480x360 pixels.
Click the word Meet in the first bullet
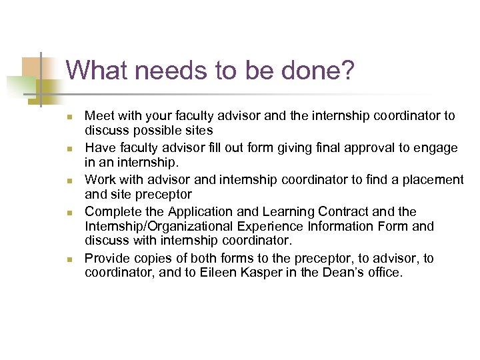pos(99,116)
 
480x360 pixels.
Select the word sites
pos(198,131)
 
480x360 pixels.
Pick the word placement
pos(433,180)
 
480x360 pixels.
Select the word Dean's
pos(337,273)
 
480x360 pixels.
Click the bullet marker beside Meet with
pos(70,117)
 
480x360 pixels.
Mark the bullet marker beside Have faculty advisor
pos(70,148)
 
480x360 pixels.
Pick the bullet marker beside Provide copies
pos(70,259)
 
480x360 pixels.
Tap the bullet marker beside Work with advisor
pos(70,181)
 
